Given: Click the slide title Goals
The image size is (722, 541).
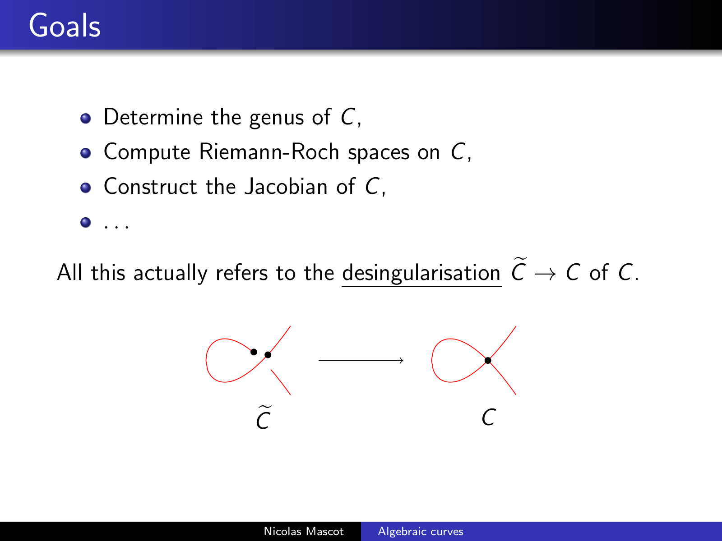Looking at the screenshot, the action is coord(65,26).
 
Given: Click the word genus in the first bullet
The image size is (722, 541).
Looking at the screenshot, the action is coord(277,118).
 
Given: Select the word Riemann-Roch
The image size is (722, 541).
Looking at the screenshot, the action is coord(269,152).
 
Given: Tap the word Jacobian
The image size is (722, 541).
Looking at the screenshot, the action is coord(286,187).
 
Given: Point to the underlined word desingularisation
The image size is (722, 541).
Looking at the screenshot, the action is coord(421,273).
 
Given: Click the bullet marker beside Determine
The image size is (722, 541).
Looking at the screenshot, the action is coord(86,118).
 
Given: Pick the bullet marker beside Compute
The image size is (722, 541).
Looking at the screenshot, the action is coord(86,153).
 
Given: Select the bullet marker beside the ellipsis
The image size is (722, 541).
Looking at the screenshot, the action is coord(86,223).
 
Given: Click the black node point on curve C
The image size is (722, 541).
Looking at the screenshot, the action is coord(488,360).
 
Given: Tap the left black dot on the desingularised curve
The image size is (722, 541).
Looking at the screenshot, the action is coord(254,352).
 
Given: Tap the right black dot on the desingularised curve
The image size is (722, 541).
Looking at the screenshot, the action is coord(268,355).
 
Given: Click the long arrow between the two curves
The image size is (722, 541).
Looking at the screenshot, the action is coord(361,360).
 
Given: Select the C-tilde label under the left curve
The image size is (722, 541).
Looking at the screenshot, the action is coord(264,417).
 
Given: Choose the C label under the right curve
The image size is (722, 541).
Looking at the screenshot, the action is coord(488,417).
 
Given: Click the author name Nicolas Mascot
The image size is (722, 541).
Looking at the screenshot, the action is coord(304,532).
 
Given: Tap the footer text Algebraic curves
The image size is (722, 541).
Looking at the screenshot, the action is coord(421,532).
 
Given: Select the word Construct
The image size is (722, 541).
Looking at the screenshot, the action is coord(150,187).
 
